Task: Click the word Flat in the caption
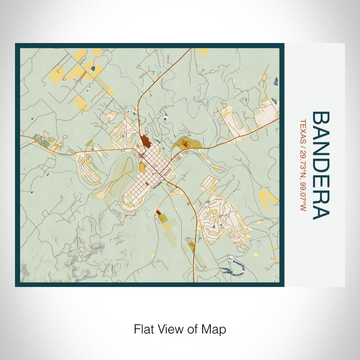tap(143, 328)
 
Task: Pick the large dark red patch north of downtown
tap(146, 141)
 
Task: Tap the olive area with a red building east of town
tap(183, 145)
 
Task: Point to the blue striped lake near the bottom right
tap(229, 267)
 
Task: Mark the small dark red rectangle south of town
tap(158, 212)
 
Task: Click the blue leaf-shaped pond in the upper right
tap(277, 81)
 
